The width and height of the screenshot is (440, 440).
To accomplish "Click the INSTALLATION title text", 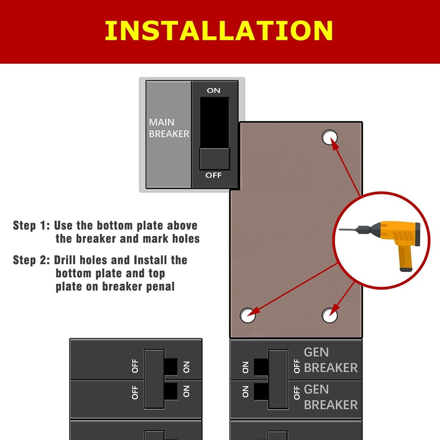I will click(219, 30).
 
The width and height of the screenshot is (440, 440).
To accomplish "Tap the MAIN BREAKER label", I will click(169, 128).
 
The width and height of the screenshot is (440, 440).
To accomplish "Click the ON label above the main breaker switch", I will click(214, 90).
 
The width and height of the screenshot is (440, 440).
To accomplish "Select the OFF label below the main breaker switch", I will click(214, 175).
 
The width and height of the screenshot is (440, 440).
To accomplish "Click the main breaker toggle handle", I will click(214, 158).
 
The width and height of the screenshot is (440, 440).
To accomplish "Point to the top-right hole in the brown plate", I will click(329, 137).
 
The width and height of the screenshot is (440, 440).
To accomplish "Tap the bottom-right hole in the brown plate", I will click(330, 315).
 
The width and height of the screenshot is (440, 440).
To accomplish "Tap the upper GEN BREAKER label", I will click(330, 360).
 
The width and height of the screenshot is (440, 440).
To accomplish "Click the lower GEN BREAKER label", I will click(330, 397).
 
